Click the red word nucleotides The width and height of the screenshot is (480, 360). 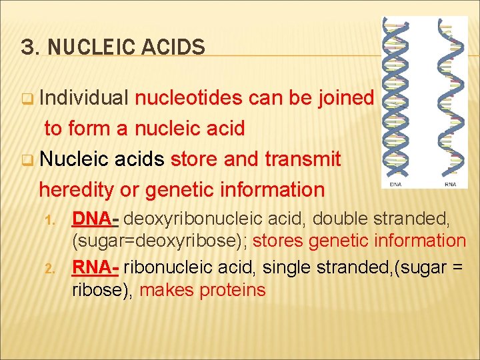click(x=189, y=98)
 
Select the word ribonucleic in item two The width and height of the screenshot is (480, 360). click(x=171, y=267)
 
